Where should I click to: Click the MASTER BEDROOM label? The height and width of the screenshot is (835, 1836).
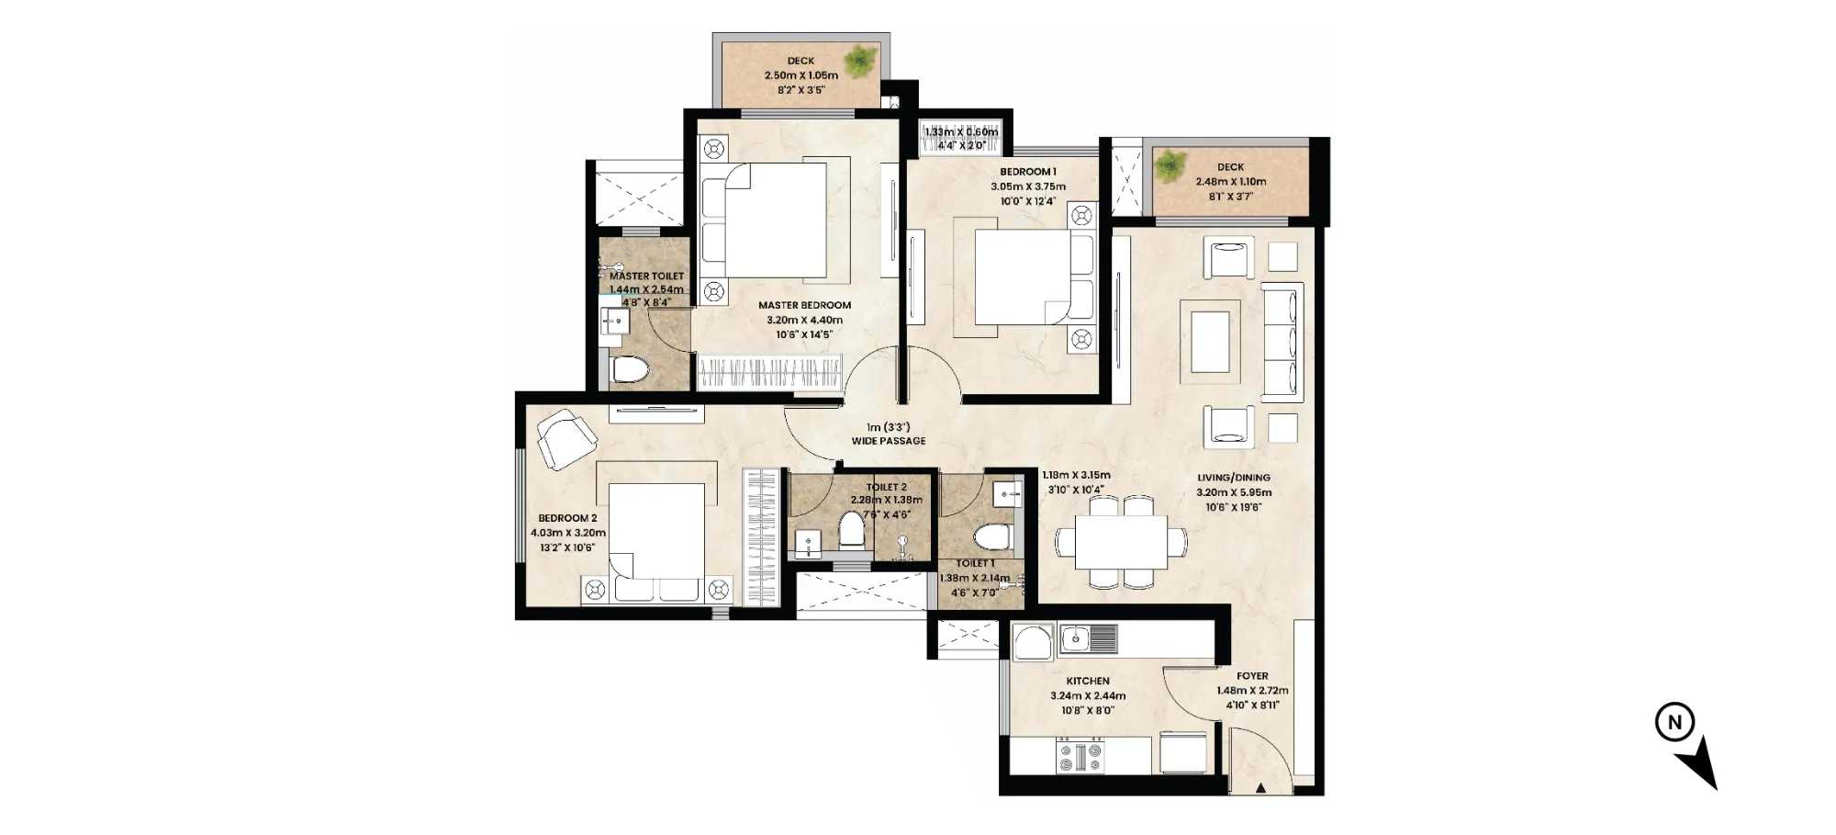pyautogui.click(x=804, y=305)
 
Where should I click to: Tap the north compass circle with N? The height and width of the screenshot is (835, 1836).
pyautogui.click(x=1674, y=722)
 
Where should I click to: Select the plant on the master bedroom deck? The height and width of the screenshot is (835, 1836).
pyautogui.click(x=860, y=61)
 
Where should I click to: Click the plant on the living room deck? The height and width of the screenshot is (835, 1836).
pyautogui.click(x=1170, y=167)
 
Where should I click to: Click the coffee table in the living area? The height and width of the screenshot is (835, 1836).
pyautogui.click(x=1210, y=342)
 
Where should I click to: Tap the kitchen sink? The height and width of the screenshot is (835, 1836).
pyautogui.click(x=1089, y=638)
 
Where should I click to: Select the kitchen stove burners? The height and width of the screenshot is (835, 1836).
pyautogui.click(x=1080, y=757)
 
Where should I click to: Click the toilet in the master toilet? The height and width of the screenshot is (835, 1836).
pyautogui.click(x=630, y=369)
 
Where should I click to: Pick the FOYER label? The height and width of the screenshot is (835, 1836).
pyautogui.click(x=1252, y=676)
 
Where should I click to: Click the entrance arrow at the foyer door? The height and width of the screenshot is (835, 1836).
pyautogui.click(x=1261, y=787)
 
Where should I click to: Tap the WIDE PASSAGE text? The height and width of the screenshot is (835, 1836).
pyautogui.click(x=888, y=441)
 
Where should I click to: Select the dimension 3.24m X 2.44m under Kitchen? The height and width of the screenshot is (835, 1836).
pyautogui.click(x=1088, y=695)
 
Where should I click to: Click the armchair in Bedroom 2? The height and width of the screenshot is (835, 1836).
pyautogui.click(x=565, y=440)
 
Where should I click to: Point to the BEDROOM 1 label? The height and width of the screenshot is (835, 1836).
pyautogui.click(x=1028, y=172)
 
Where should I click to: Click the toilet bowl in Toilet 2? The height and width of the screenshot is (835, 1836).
pyautogui.click(x=852, y=530)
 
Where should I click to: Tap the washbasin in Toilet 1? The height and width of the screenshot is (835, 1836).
pyautogui.click(x=1008, y=494)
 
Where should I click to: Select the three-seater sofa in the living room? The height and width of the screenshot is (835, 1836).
pyautogui.click(x=1282, y=342)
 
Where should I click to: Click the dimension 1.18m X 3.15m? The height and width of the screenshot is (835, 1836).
pyautogui.click(x=1076, y=476)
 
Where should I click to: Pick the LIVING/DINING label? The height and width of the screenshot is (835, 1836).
pyautogui.click(x=1234, y=478)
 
